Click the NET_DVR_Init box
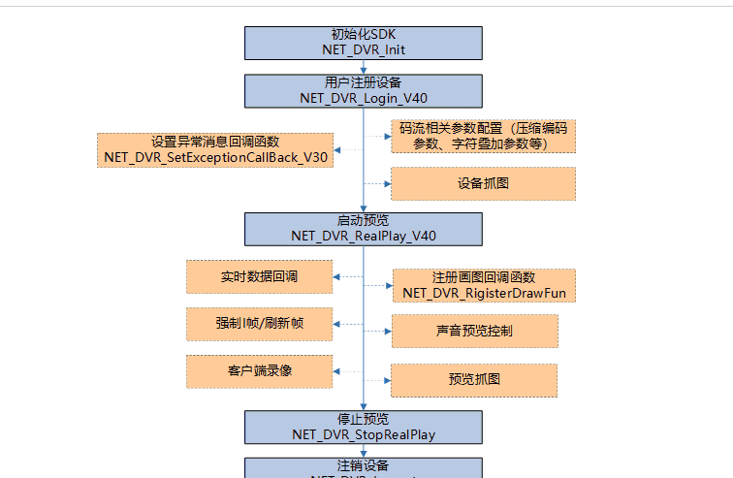364,43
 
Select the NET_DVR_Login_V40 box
364,90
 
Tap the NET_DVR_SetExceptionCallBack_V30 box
214,150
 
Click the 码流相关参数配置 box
483,137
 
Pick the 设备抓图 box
483,183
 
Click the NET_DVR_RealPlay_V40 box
364,228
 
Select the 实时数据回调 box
259,277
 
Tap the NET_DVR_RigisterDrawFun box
483,285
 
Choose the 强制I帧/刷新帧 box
259,324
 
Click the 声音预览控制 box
474,331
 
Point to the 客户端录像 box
259,370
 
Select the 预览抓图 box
474,380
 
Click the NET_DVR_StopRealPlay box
364,427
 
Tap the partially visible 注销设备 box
364,467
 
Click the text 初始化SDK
364,34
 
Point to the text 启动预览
364,220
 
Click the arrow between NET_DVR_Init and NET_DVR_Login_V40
364,67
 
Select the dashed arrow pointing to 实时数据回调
348,277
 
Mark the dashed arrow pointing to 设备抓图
377,183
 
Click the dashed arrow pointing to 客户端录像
348,370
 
